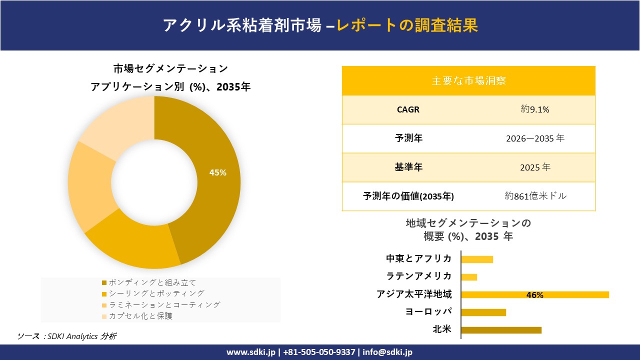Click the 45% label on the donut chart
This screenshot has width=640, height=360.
click(x=218, y=173)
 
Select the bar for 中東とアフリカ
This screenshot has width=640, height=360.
click(x=477, y=259)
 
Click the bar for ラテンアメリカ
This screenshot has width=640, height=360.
click(x=469, y=277)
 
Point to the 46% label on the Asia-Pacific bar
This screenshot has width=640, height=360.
click(x=534, y=295)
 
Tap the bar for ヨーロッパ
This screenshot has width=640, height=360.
click(x=483, y=312)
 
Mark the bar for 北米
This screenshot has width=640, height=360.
click(x=501, y=330)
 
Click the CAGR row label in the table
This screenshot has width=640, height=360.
click(x=408, y=109)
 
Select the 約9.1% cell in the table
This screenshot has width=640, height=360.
click(x=535, y=109)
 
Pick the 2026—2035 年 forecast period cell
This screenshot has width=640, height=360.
click(x=535, y=138)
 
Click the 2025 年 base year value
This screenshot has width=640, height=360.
click(x=535, y=167)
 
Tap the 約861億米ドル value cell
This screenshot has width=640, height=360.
click(x=535, y=196)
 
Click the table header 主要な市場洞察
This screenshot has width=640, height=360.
click(x=468, y=80)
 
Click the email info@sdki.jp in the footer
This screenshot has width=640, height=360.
click(x=388, y=352)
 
